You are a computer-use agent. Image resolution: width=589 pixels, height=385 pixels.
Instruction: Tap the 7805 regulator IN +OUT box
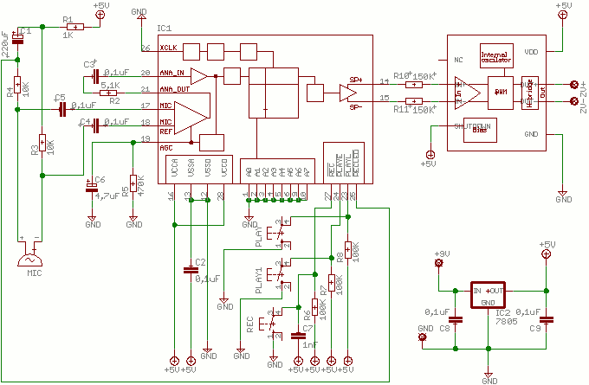489,291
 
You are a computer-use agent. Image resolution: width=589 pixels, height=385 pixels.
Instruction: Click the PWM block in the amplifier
500,93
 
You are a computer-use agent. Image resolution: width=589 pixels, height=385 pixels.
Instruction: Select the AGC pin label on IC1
166,148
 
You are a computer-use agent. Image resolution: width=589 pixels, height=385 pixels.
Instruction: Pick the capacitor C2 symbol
191,270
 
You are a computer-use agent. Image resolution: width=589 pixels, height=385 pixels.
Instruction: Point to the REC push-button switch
274,325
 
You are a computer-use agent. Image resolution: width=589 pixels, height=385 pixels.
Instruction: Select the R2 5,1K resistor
109,93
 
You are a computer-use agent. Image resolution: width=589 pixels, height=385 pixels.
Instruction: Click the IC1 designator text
165,29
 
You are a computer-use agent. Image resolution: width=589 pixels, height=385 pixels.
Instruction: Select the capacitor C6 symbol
93,187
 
